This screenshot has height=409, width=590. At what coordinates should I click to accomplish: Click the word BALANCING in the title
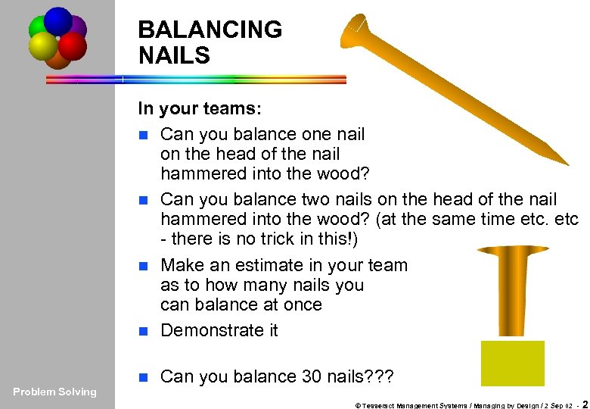(210, 30)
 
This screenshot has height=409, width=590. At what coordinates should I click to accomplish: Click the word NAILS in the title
(174, 55)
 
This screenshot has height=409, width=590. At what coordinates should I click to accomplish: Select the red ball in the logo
(72, 45)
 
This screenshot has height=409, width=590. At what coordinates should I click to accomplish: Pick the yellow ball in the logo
(42, 47)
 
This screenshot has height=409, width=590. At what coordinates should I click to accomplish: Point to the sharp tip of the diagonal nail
(565, 163)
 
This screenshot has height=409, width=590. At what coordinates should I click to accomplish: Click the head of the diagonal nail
(357, 30)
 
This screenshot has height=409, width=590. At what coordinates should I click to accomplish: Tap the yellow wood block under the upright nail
(512, 363)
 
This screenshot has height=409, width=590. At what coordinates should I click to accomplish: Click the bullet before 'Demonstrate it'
(146, 331)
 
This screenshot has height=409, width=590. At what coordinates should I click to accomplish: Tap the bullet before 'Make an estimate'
(146, 266)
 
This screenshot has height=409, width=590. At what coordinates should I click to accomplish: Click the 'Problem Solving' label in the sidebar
(55, 392)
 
